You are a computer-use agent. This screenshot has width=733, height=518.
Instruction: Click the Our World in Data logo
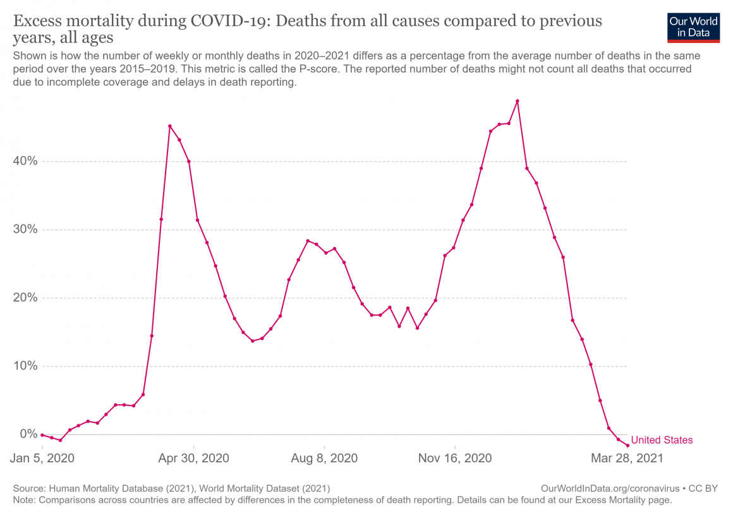pos(693,27)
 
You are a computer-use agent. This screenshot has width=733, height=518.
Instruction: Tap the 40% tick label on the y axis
pos(25,161)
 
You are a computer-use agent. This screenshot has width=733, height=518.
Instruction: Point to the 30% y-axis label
pos(25,230)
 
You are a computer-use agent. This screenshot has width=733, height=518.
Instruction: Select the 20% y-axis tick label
pos(25,298)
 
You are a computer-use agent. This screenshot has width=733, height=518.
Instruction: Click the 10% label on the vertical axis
pos(25,366)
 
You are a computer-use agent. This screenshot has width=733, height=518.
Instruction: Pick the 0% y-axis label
pos(28,435)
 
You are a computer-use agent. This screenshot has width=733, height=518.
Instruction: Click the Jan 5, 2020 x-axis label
pos(42,458)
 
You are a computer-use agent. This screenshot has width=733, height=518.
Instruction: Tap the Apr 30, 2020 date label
pos(194,458)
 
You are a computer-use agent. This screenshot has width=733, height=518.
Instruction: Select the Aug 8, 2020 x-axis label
pos(324,458)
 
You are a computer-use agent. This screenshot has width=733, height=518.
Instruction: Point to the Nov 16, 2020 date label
pos(454,458)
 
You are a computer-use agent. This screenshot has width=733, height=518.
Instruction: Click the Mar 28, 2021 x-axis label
pos(627,458)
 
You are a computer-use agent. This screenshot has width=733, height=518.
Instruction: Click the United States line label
pos(662,440)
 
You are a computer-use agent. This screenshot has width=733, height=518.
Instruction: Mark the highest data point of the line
pos(518,101)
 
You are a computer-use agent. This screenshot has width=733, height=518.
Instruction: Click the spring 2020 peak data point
pos(170,126)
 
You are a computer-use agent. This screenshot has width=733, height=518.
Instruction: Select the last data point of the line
pos(627,446)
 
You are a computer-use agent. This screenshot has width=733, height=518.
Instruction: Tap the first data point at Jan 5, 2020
pos(42,435)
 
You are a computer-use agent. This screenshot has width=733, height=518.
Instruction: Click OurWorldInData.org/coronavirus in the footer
pos(609,489)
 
